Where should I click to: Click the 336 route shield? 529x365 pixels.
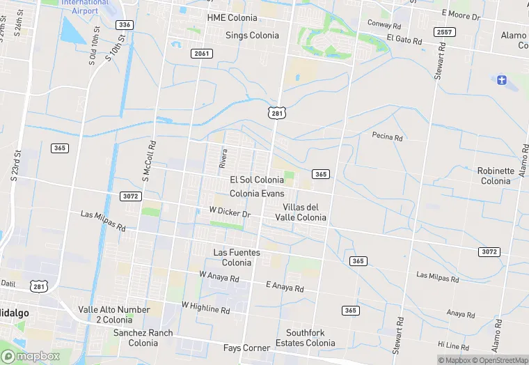coord(125,24)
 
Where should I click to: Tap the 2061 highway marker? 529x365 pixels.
coord(201,54)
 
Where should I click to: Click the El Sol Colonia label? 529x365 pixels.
coord(257,180)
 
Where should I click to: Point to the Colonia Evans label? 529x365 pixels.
coord(257,193)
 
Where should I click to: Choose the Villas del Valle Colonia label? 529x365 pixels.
coord(304,212)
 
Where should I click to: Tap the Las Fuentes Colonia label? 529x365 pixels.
coord(237,258)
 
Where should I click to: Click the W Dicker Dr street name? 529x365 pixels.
coord(230,211)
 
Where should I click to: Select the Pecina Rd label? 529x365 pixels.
coord(388,137)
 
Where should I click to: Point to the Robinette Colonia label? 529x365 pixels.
coord(496,176)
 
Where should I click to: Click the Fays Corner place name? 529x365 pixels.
coord(246,348)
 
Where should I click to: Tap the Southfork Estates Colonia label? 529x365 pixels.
coord(305,338)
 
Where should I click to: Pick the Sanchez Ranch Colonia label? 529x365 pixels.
coord(143,338)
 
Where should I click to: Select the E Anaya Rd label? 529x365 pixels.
coord(285,286)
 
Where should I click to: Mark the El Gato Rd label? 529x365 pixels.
coord(404,39)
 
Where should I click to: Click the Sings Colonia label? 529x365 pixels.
coord(252,35)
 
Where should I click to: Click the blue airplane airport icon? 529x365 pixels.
coord(500,79)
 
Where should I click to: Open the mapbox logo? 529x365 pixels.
coord(31,356)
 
